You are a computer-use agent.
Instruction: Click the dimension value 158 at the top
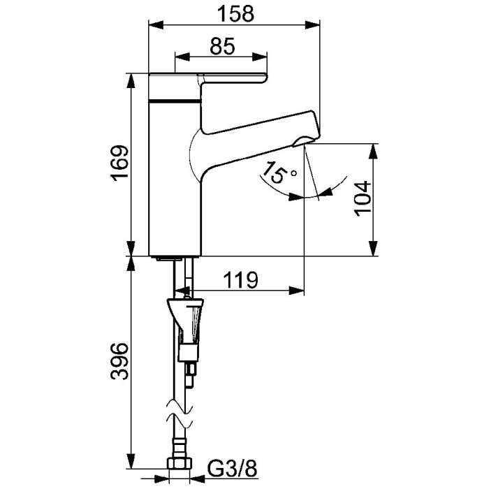point(231,13)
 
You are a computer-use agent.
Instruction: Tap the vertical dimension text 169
point(119,164)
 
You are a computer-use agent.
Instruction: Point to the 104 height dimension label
point(362,199)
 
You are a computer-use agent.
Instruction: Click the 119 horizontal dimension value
point(241,279)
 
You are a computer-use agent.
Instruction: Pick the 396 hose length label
point(119,361)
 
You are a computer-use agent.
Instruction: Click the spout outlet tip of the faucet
point(305,142)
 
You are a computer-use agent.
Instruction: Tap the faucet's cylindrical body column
point(176,182)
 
